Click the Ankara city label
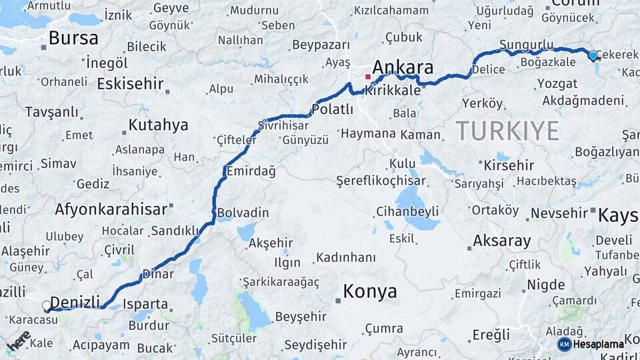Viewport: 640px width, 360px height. click(403, 67)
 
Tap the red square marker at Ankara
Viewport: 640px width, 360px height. click(367, 77)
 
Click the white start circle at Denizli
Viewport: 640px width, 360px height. click(47, 306)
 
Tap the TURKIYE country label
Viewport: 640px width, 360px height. click(507, 131)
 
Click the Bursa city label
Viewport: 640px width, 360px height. click(73, 37)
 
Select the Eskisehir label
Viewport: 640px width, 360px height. click(130, 84)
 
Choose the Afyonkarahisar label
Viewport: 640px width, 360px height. click(111, 209)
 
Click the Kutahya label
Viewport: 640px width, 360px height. click(158, 125)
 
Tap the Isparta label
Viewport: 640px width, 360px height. click(145, 304)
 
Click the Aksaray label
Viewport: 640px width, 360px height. click(501, 241)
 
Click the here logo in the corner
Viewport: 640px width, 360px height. click(18, 340)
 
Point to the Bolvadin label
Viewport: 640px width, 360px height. click(243, 213)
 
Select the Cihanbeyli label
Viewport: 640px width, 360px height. click(407, 211)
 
